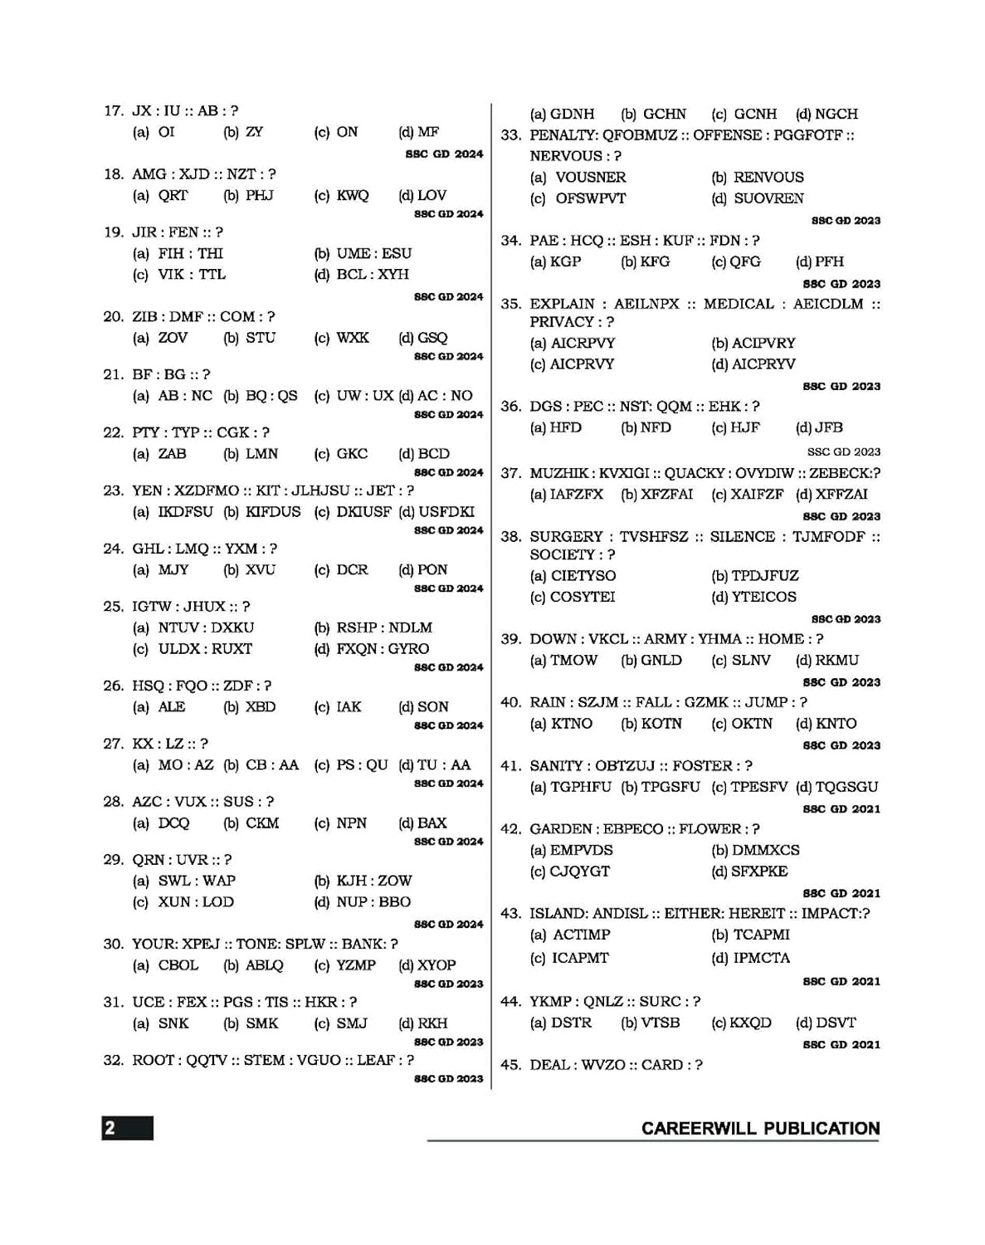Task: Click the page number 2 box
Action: [x=127, y=1128]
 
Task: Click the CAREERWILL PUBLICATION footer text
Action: [x=760, y=1129]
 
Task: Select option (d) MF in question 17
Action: [x=419, y=132]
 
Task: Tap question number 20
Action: [x=113, y=316]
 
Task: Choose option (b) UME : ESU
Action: [x=363, y=253]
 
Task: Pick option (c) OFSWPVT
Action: [x=578, y=198]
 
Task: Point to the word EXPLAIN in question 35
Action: [x=562, y=304]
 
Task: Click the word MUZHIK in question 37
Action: [x=557, y=473]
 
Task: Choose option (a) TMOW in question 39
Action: [x=564, y=660]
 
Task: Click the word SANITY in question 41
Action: [x=557, y=765]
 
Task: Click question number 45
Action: [x=510, y=1065]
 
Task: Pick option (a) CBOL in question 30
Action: [x=166, y=965]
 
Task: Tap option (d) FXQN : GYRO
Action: [x=372, y=649]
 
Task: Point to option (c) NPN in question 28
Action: [x=342, y=823]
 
